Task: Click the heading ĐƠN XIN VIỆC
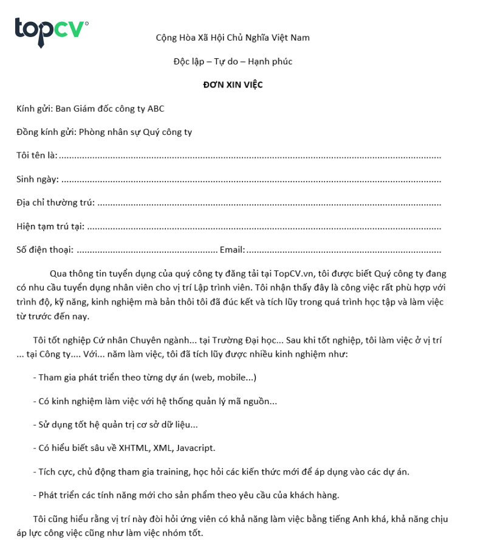pyautogui.click(x=233, y=84)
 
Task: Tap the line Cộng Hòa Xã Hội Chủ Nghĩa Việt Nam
pyautogui.click(x=233, y=38)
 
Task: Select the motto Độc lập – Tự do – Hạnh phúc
pyautogui.click(x=233, y=61)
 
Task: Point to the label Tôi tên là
pyautogui.click(x=36, y=156)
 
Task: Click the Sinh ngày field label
pyautogui.click(x=37, y=179)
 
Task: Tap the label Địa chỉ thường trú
pyautogui.click(x=55, y=202)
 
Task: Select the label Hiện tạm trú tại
pyautogui.click(x=50, y=226)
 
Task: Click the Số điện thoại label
pyautogui.click(x=45, y=249)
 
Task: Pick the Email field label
pyautogui.click(x=232, y=249)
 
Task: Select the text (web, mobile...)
pyautogui.click(x=224, y=377)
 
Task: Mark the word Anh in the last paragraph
pyautogui.click(x=380, y=519)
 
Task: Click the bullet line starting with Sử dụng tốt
pyautogui.click(x=115, y=425)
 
